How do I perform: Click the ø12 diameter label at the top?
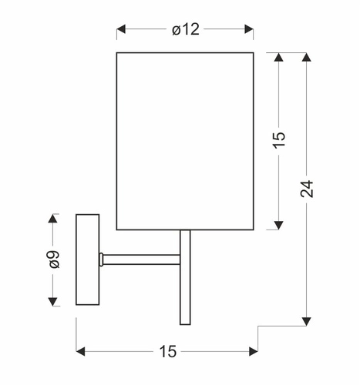(185, 30)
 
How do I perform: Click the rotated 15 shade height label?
(279, 139)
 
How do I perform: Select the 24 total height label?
(308, 189)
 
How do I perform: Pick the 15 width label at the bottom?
(167, 352)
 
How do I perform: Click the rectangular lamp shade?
(185, 140)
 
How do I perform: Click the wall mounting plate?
(87, 262)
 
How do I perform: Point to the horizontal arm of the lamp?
(143, 258)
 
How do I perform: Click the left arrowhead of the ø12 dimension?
(121, 31)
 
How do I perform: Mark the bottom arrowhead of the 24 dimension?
(308, 321)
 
